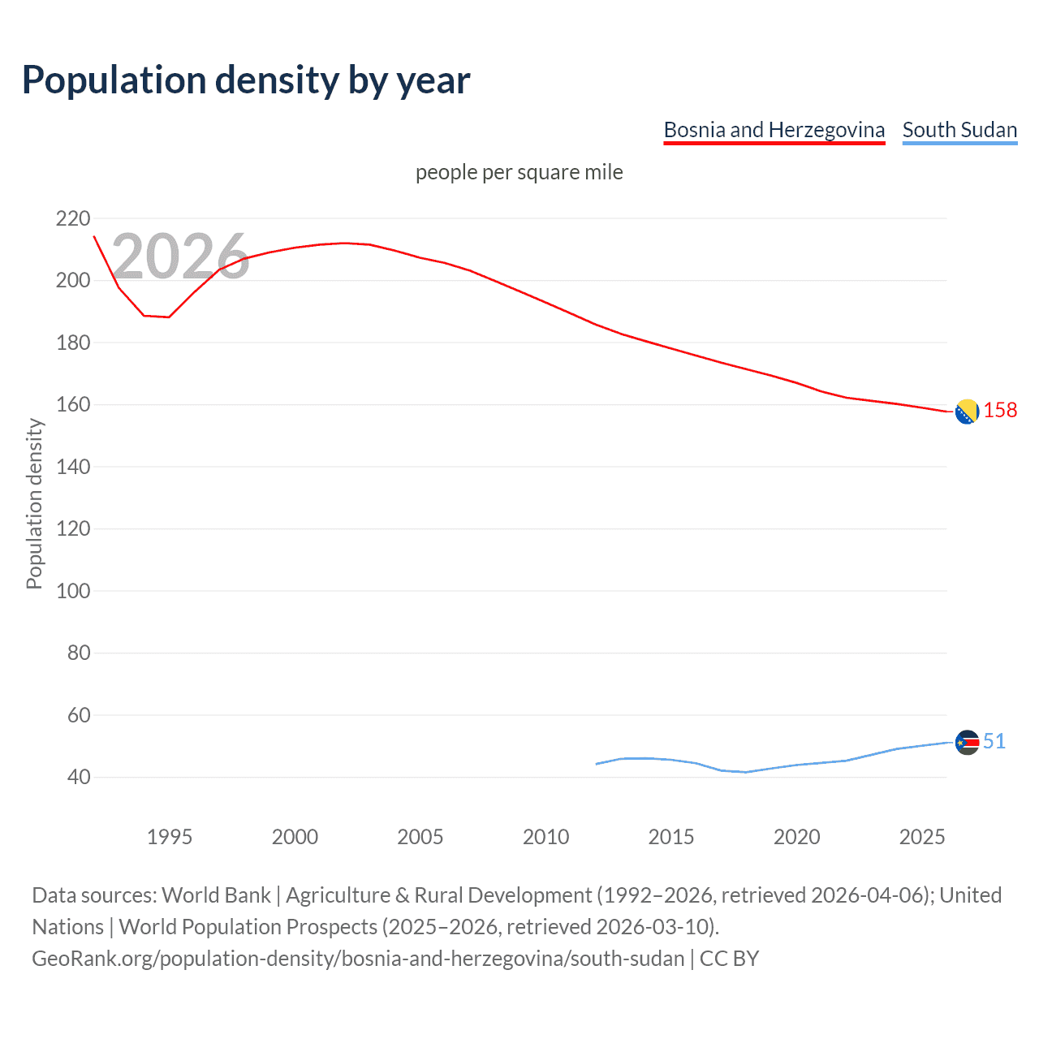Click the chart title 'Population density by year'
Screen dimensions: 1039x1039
246,80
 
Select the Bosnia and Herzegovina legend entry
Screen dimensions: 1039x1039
774,130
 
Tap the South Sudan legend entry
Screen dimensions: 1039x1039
959,130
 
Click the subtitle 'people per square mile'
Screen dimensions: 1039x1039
519,172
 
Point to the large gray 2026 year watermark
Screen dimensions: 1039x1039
180,257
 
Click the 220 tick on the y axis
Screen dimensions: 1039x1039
73,218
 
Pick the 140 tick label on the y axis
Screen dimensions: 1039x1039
73,467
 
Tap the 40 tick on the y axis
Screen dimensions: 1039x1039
79,777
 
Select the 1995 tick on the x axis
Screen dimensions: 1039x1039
169,837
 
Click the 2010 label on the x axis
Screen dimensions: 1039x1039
545,837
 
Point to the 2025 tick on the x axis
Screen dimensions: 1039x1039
922,837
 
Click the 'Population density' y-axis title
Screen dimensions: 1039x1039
34,503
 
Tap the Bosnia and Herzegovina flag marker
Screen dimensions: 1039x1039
967,412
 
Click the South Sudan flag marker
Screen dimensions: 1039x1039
967,742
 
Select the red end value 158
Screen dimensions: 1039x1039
1000,411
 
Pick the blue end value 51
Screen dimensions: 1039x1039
994,741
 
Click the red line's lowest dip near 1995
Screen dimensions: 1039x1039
168,317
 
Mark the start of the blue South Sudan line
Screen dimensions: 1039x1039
597,764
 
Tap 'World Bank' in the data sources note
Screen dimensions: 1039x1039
216,895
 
